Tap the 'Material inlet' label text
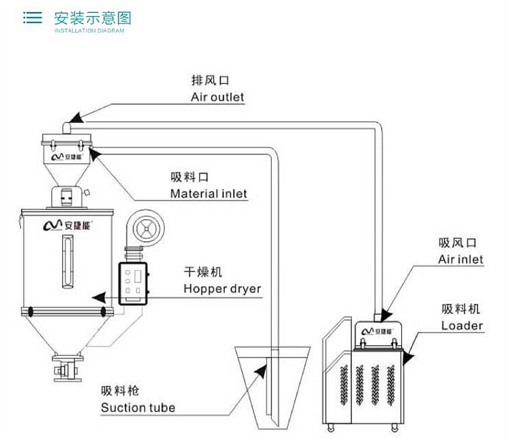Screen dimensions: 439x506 [208, 193]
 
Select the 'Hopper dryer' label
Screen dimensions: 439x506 [222, 289]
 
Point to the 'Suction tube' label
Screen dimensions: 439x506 [138, 407]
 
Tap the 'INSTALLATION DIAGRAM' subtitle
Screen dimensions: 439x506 [89, 31]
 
